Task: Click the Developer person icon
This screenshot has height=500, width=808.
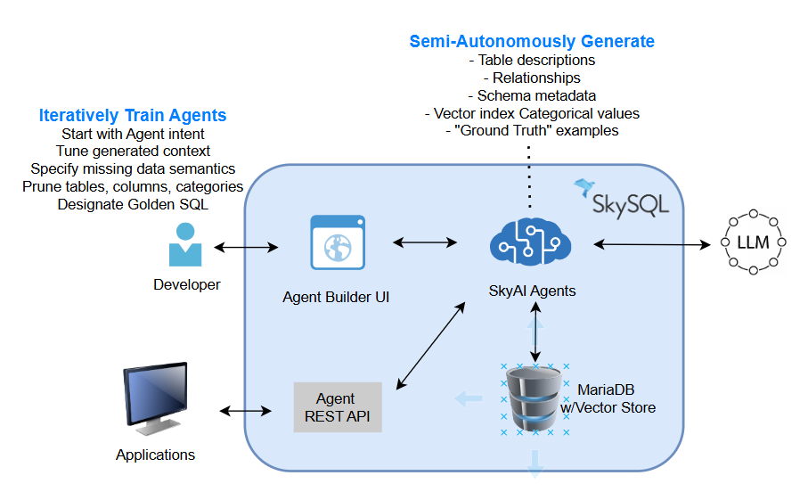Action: click(185, 244)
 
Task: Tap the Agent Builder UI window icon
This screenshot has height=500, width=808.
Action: click(338, 242)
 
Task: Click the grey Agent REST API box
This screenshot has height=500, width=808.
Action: click(338, 407)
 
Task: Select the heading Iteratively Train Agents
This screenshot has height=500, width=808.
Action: click(132, 115)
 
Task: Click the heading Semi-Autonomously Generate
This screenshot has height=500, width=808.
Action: click(532, 41)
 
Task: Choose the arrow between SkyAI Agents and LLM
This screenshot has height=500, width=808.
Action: click(649, 242)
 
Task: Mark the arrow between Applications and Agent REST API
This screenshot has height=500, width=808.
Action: click(245, 410)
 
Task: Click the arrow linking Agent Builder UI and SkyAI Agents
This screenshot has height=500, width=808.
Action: click(426, 242)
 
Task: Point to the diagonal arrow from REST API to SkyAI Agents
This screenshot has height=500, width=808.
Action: click(431, 345)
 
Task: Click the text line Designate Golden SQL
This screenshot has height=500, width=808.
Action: click(132, 204)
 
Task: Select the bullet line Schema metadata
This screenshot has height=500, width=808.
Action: click(532, 95)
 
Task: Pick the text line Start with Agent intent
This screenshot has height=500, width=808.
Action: click(132, 134)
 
